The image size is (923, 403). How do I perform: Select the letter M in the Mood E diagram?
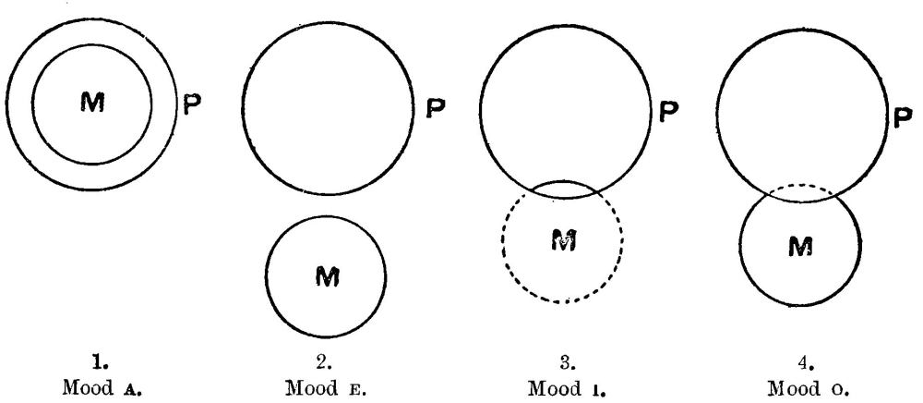[325, 276]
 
